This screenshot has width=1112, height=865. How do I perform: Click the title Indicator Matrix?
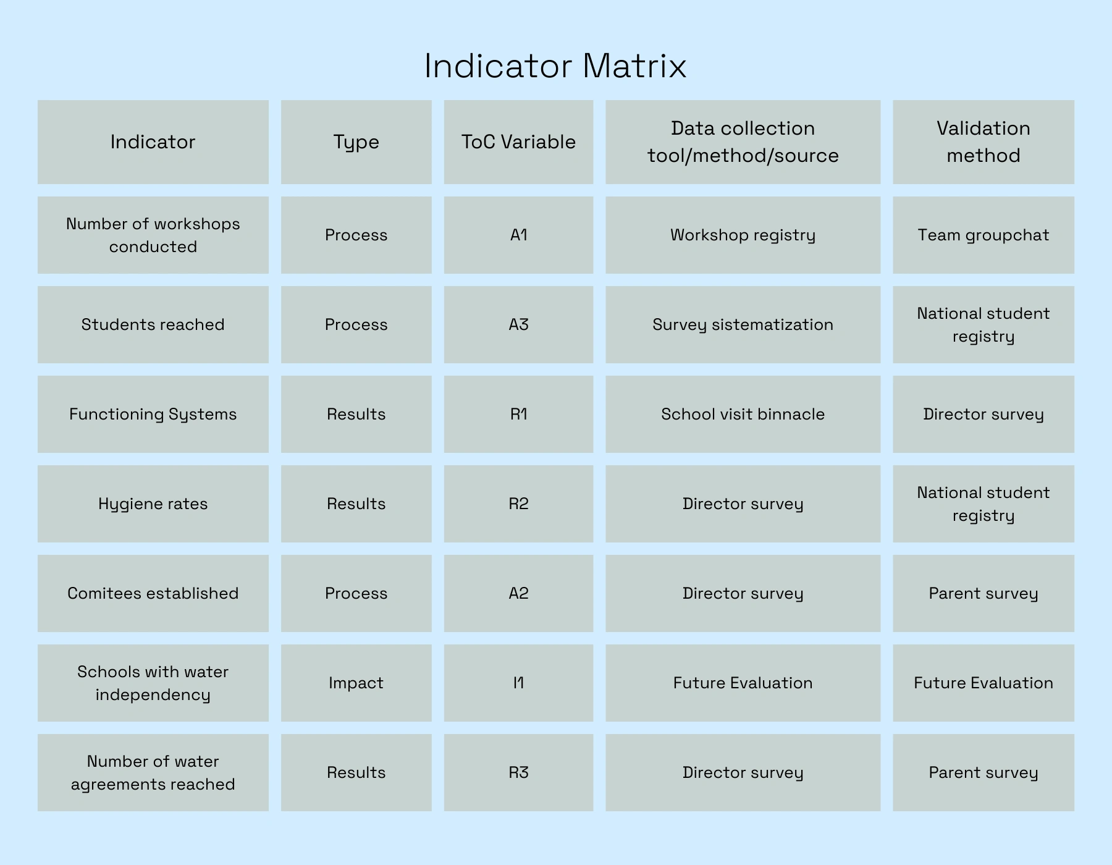[555, 65]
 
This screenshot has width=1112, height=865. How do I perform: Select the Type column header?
[356, 142]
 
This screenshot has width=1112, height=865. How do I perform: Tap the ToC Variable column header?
[518, 142]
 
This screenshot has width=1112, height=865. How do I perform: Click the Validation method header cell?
[983, 142]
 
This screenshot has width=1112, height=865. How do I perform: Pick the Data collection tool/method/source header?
[743, 142]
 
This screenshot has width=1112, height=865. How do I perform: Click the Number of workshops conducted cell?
[153, 235]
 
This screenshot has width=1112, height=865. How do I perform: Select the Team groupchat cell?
[983, 235]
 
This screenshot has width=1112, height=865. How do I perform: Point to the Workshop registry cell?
[743, 235]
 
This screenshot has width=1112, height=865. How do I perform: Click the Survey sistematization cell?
[743, 324]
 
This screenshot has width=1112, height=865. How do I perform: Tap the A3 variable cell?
[518, 324]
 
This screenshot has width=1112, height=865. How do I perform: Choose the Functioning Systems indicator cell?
[153, 414]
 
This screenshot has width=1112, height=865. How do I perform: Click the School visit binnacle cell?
[743, 414]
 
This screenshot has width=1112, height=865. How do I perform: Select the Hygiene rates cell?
[153, 504]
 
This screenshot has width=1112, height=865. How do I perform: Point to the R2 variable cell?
[518, 504]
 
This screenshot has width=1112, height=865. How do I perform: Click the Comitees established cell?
[153, 593]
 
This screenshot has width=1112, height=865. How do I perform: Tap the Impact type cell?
[356, 683]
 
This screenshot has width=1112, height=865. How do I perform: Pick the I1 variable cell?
[518, 683]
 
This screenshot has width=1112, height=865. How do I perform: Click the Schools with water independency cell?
[153, 683]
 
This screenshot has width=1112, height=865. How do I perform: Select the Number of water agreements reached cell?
[153, 772]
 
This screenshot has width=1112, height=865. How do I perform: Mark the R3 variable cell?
[518, 772]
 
